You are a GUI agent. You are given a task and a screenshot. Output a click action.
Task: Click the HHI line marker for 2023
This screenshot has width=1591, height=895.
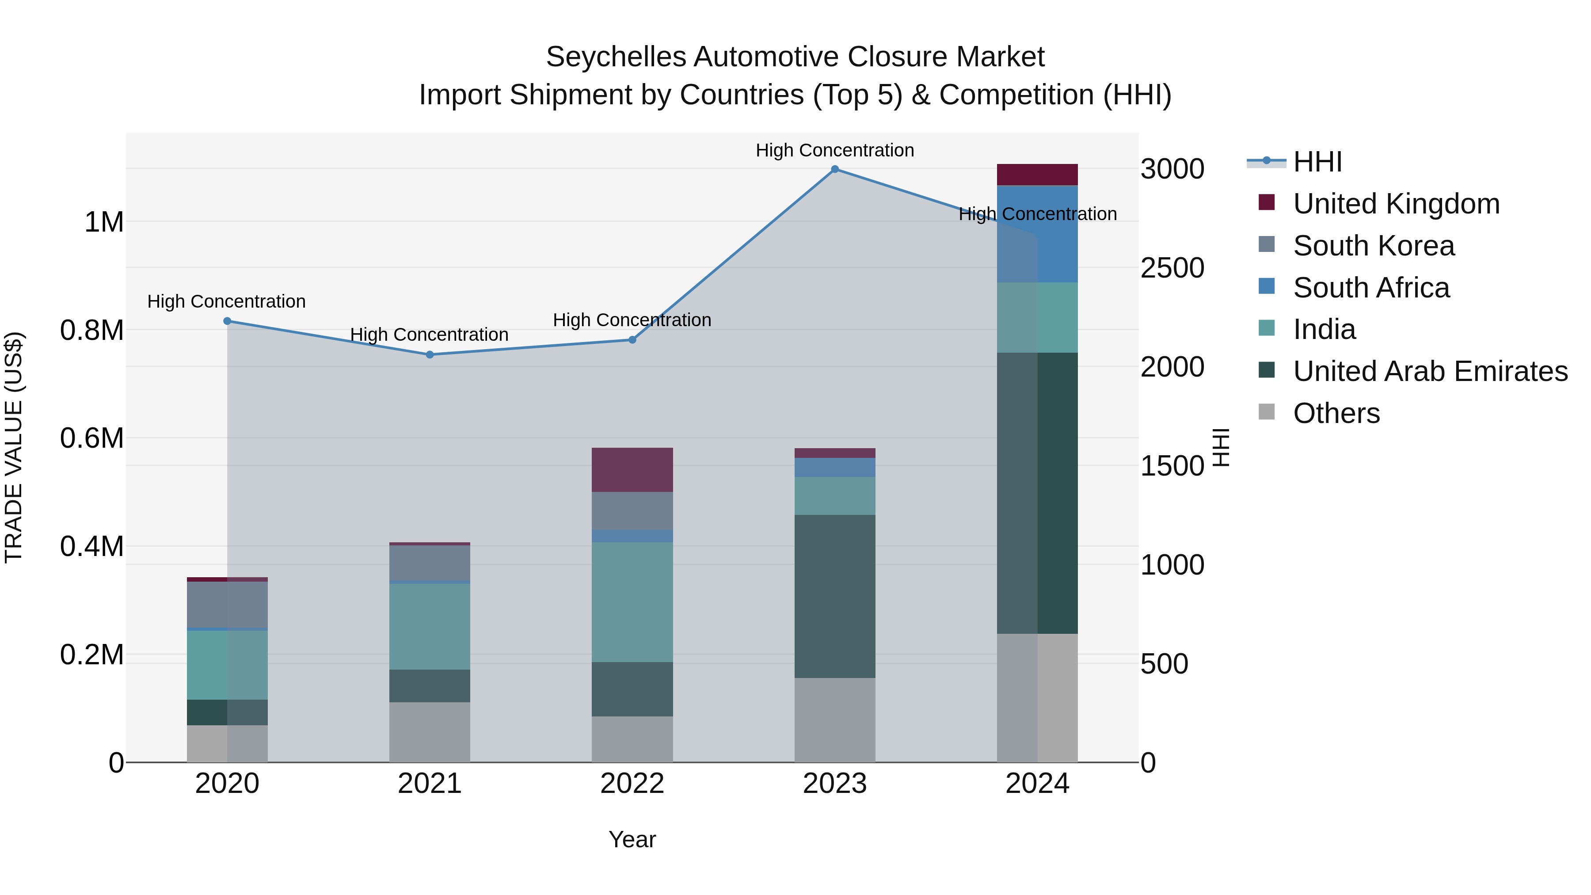(x=834, y=169)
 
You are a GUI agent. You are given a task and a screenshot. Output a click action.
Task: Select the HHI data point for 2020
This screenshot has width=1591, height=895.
(x=227, y=321)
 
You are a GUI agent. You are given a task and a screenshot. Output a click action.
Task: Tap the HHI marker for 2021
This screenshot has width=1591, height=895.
(x=430, y=354)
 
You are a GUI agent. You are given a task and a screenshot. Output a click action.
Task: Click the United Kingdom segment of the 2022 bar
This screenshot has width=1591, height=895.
(x=632, y=469)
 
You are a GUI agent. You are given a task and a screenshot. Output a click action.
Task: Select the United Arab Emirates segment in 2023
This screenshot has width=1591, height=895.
(x=834, y=596)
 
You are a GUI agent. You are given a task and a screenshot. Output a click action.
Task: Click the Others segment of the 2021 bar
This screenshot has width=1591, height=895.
(x=430, y=732)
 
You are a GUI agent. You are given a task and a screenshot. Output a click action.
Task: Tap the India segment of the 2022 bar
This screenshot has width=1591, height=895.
(x=632, y=602)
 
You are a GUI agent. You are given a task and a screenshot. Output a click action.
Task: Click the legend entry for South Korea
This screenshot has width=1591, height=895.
(x=1374, y=246)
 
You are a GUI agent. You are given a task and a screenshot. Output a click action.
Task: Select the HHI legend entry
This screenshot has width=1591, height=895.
(x=1317, y=162)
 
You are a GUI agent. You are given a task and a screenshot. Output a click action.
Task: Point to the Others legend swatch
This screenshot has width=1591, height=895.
(x=1266, y=412)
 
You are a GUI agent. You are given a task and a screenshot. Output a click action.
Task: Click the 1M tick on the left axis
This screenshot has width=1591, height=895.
(x=104, y=222)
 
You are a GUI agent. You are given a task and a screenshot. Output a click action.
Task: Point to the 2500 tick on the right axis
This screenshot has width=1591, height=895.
(x=1172, y=268)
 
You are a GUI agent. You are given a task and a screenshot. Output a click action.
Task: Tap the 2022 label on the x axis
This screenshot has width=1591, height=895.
(x=632, y=784)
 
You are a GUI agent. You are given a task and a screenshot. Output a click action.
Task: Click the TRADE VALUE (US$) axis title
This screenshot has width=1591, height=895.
(x=14, y=447)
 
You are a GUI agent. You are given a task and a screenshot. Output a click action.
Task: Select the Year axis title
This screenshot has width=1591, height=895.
(x=632, y=839)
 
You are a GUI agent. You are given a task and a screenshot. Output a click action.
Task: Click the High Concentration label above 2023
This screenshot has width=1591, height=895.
(x=834, y=150)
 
